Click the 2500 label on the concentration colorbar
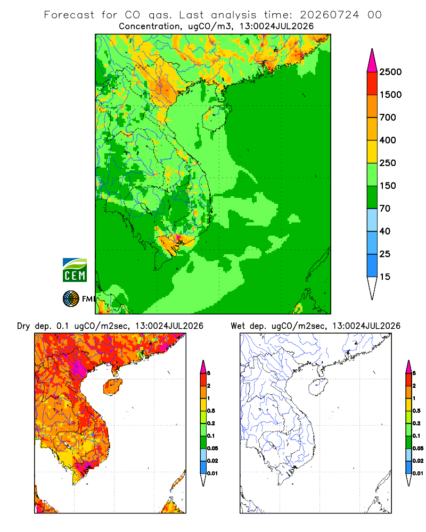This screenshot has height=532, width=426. click(x=390, y=72)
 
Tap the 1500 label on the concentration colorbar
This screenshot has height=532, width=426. click(x=390, y=95)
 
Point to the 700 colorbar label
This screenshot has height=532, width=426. click(x=388, y=118)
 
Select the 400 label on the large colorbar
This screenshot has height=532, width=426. click(x=388, y=140)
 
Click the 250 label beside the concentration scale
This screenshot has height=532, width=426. click(x=388, y=163)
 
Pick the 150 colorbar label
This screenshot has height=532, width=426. click(x=388, y=186)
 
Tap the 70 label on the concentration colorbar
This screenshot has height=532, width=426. click(x=385, y=209)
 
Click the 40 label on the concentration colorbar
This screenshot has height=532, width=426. click(x=385, y=231)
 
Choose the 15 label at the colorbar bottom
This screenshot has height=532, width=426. click(x=385, y=277)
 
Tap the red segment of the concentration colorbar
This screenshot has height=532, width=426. click(x=372, y=84)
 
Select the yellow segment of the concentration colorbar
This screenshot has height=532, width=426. click(x=372, y=152)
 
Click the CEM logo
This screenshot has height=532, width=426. click(x=75, y=270)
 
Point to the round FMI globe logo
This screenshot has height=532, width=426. click(x=71, y=299)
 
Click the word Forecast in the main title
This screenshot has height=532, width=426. click(x=69, y=15)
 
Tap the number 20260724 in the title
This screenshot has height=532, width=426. click(x=329, y=15)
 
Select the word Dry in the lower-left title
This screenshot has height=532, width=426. click(x=23, y=326)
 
